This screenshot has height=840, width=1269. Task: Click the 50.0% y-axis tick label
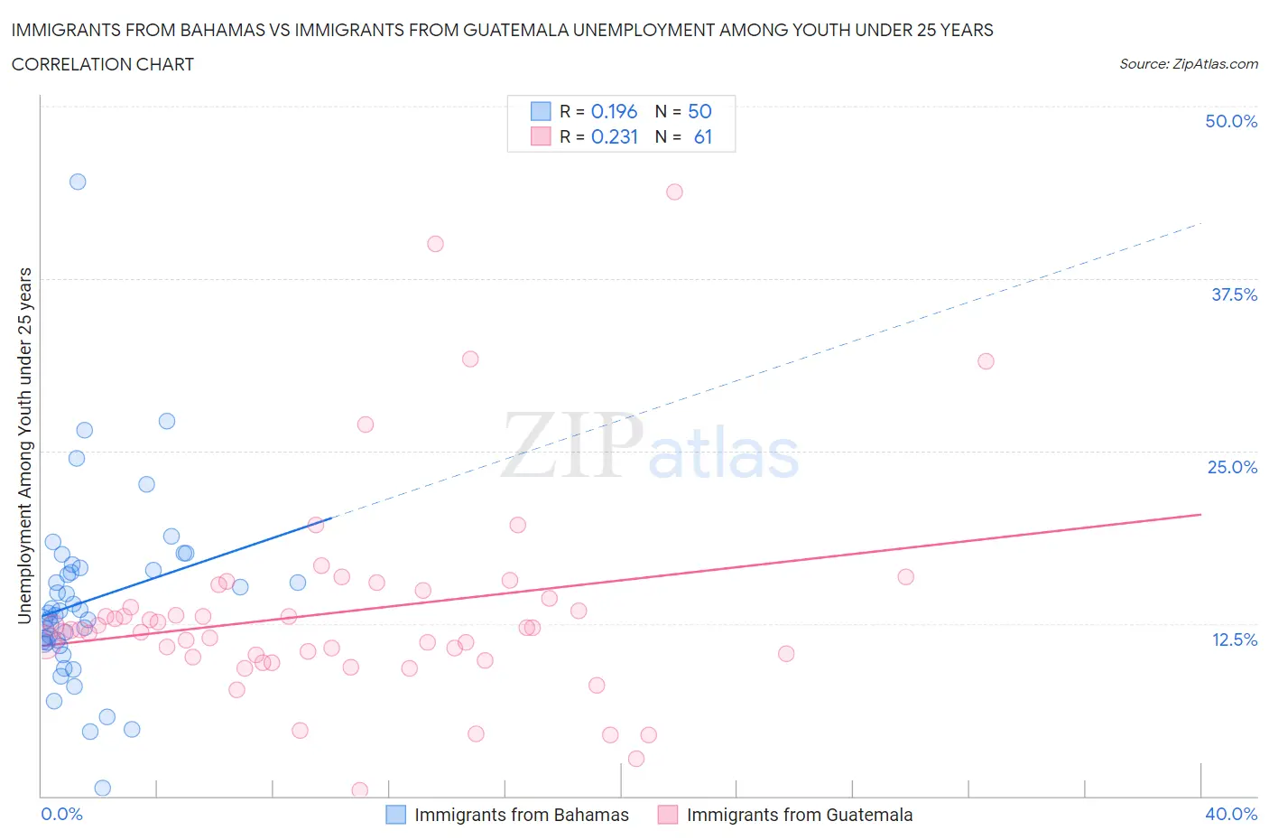(1231, 121)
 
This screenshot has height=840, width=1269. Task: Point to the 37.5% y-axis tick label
(1234, 294)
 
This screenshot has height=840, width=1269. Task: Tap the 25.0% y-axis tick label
(1232, 467)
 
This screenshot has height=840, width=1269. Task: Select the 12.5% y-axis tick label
(1234, 639)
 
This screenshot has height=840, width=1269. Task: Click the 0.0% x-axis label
(61, 814)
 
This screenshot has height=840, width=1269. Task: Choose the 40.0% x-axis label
(1231, 814)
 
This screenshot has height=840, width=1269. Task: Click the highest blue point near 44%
(78, 182)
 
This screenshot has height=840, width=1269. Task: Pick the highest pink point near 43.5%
(674, 191)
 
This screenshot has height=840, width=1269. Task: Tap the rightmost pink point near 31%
(986, 361)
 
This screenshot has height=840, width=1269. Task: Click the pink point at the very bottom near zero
(359, 790)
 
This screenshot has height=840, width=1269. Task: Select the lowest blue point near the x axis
(102, 788)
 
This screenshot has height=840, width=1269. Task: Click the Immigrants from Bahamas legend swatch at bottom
(395, 815)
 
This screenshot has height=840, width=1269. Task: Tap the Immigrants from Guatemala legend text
(799, 815)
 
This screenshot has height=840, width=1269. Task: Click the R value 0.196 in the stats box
(614, 111)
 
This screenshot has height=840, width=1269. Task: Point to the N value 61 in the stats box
(702, 136)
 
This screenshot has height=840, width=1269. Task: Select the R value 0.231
(614, 136)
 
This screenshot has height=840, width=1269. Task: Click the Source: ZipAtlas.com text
(1188, 63)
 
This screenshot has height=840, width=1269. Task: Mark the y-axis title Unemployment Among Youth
(25, 445)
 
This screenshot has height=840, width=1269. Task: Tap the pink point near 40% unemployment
(435, 244)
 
